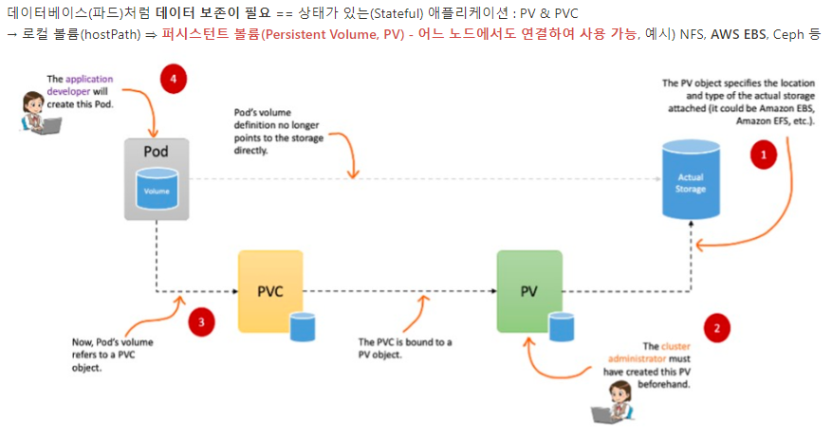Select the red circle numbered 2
click(716, 329)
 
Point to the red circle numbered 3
click(201, 322)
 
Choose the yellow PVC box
click(270, 291)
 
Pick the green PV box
click(529, 291)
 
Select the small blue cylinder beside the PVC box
click(303, 327)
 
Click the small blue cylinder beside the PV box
click(562, 327)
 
